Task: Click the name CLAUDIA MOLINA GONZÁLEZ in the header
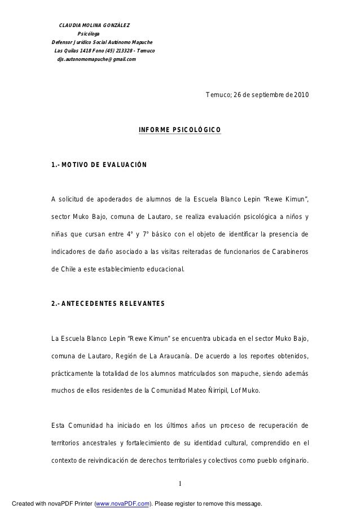[95, 25]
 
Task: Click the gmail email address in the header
[96, 59]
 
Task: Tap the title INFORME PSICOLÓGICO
[180, 130]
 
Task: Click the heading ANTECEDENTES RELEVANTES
[112, 304]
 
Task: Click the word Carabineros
[288, 252]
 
